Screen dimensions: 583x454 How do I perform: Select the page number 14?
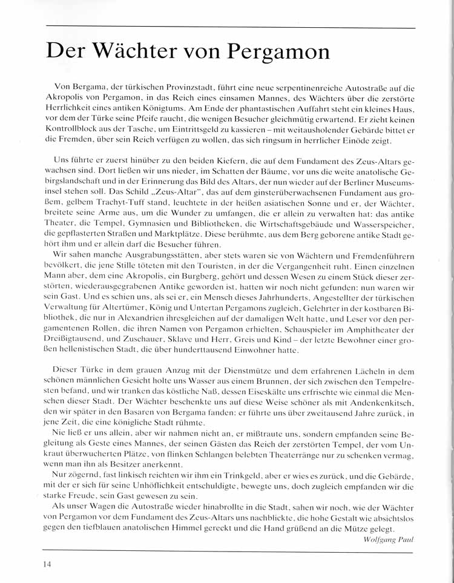[47, 564]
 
